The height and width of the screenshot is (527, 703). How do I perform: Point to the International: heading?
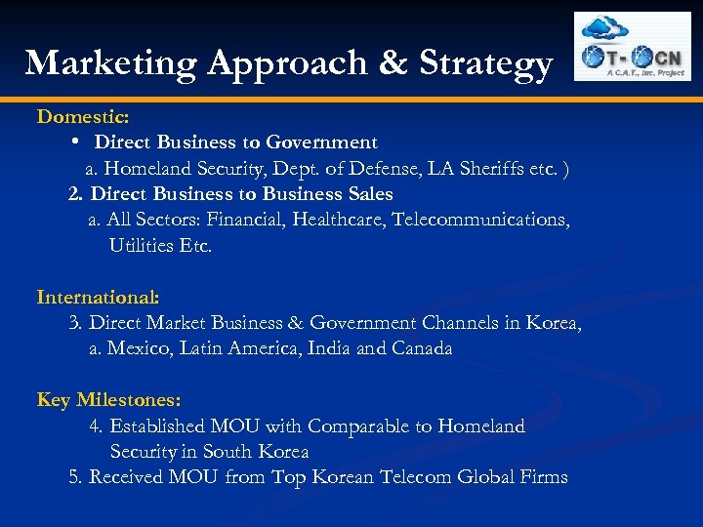point(98,297)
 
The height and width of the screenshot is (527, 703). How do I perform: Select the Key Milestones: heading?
point(108,400)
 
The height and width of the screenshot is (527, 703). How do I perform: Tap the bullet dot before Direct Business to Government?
point(75,142)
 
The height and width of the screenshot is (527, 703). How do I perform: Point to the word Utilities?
point(142,245)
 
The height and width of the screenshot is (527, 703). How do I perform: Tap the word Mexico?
point(139,348)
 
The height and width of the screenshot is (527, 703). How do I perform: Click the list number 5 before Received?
point(74,477)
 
